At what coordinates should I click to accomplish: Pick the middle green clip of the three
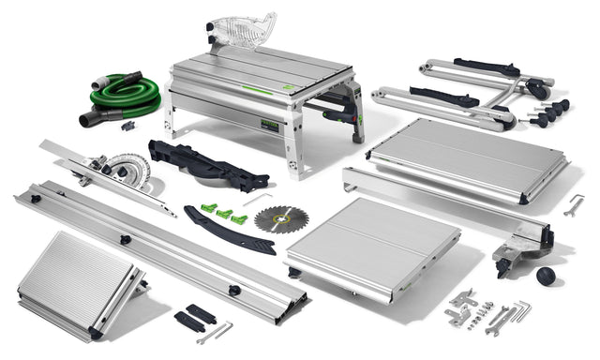pos(224,214)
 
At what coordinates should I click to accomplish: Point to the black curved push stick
pos(228,232)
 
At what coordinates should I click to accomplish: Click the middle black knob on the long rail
pos(125,240)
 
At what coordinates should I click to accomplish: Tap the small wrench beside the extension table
pos(574,204)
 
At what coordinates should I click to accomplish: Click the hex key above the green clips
pos(255,198)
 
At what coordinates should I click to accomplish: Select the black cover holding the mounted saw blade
pos(204,167)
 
